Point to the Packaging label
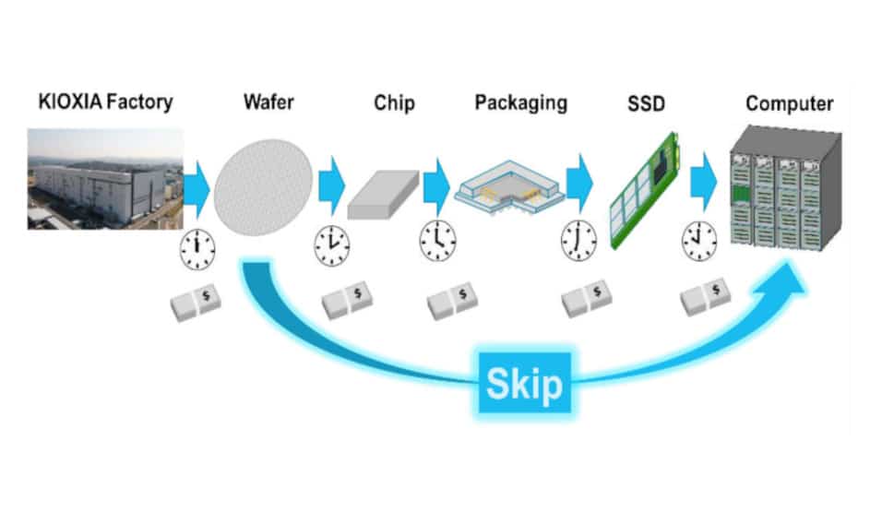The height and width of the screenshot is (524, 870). coord(520,101)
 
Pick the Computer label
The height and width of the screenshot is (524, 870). coord(789,102)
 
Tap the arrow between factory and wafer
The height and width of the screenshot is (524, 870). coord(197,185)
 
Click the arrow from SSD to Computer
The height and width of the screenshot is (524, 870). coord(704,179)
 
